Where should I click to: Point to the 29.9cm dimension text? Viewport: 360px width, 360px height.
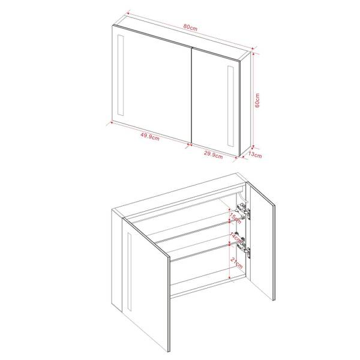(213, 155)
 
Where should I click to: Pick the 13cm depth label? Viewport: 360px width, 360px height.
(255, 155)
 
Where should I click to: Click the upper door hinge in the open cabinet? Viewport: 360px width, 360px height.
(245, 211)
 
